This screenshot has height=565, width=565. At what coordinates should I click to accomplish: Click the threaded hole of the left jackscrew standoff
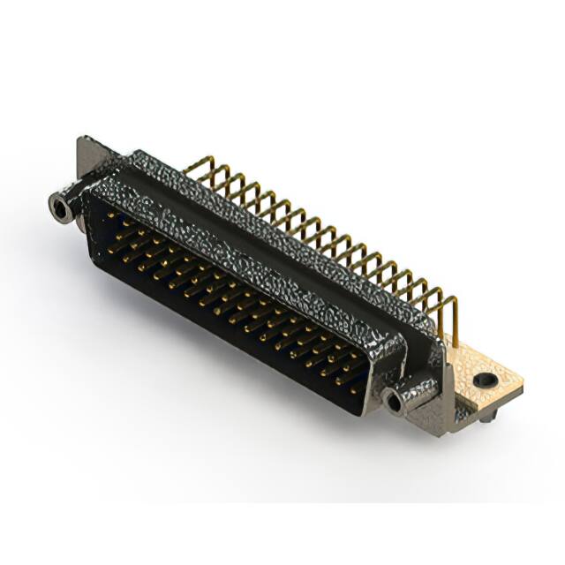pyautogui.click(x=60, y=209)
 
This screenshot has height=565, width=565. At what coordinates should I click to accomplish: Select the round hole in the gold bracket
pyautogui.click(x=483, y=380)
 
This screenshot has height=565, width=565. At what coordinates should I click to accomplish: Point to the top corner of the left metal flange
pyautogui.click(x=85, y=139)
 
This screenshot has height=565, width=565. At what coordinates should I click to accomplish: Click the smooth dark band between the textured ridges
pyautogui.click(x=265, y=256)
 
